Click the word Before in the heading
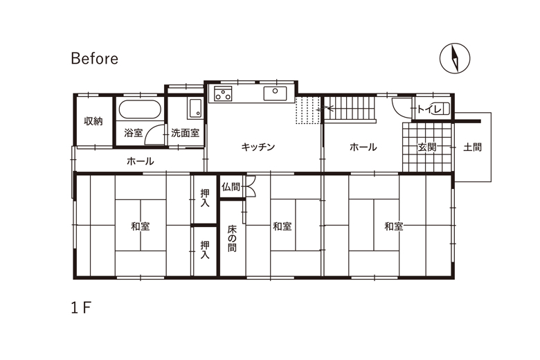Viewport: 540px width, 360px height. click(x=94, y=58)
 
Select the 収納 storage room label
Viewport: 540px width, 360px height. click(x=93, y=121)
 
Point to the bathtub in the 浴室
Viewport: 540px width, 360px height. click(x=141, y=111)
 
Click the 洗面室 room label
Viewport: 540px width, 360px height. click(x=186, y=132)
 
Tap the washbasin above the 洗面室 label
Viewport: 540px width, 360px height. click(x=195, y=109)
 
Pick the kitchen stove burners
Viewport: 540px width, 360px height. click(x=223, y=95)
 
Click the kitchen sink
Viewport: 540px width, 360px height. click(x=275, y=93)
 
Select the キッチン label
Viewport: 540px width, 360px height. click(x=259, y=147)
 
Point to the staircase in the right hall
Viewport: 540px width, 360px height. click(x=350, y=109)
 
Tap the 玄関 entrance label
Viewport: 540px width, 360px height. click(x=426, y=147)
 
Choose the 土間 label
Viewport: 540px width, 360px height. click(x=473, y=147)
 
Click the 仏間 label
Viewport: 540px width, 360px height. click(x=231, y=186)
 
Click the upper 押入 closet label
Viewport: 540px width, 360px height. click(x=206, y=199)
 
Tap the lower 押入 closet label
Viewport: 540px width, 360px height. click(x=206, y=250)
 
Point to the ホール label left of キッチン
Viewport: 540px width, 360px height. click(x=141, y=161)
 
